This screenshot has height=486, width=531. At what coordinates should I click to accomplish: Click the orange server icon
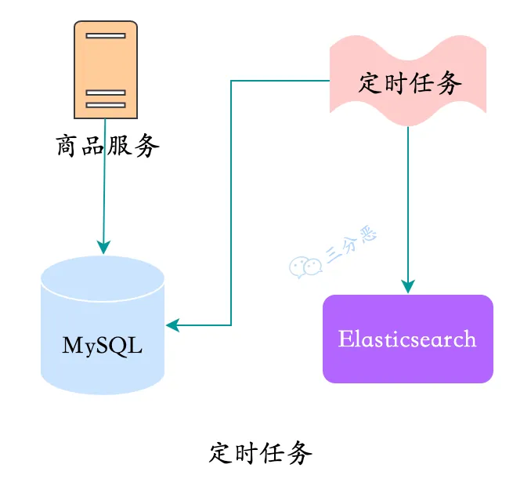(106, 69)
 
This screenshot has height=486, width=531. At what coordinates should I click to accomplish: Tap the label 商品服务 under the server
(108, 146)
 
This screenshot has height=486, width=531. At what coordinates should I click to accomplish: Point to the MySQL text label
(103, 345)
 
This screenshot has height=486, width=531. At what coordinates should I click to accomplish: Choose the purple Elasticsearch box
(408, 339)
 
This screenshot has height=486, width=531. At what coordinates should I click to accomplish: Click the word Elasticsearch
(407, 339)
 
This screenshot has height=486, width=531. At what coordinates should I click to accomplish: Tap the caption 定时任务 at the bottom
(261, 452)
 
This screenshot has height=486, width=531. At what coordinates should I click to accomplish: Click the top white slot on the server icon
(106, 36)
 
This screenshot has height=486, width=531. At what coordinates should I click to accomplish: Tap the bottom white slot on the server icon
(106, 103)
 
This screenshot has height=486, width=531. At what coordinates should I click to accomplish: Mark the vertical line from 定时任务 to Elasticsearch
(408, 204)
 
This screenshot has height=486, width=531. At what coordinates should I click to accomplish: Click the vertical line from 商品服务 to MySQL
(103, 196)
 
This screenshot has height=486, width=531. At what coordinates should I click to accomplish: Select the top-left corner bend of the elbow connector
(231, 80)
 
